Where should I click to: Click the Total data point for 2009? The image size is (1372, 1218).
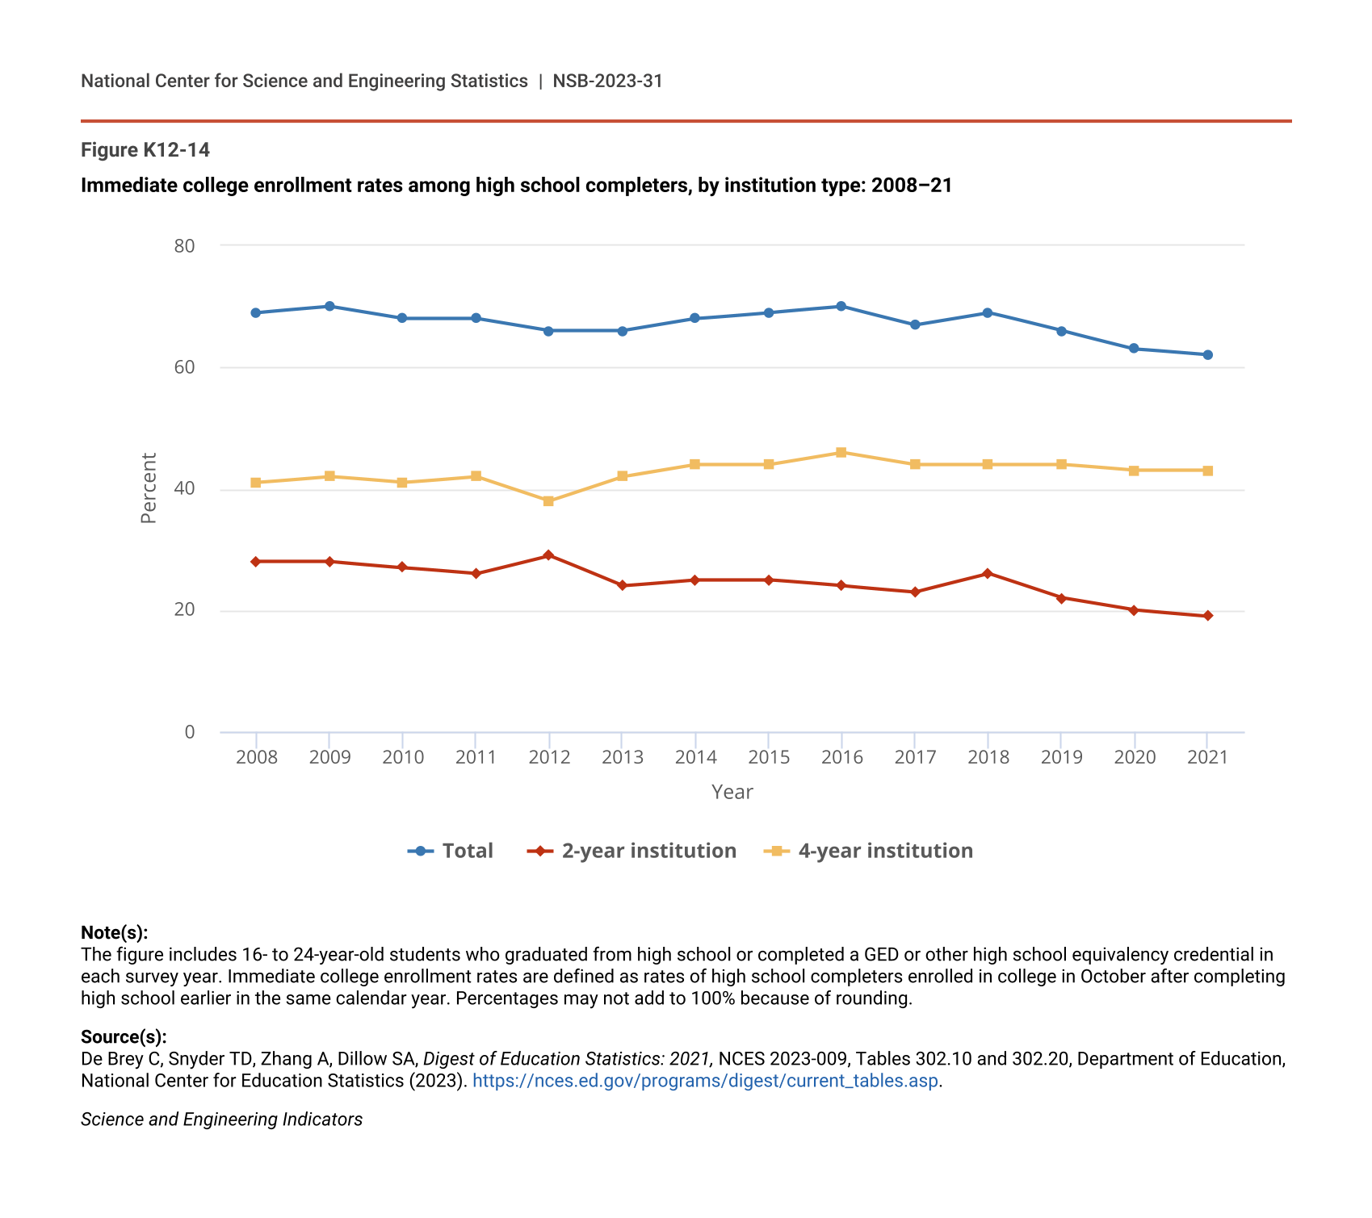coord(329,307)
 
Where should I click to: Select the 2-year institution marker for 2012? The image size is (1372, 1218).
coord(548,555)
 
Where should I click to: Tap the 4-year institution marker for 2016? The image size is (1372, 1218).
coord(841,453)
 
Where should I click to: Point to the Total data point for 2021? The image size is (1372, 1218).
coord(1207,355)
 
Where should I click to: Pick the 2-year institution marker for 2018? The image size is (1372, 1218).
coord(987,574)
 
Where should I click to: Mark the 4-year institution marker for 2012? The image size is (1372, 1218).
coord(548,501)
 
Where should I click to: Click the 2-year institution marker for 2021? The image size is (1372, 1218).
coord(1207,616)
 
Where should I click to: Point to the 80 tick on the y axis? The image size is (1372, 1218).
coord(185,246)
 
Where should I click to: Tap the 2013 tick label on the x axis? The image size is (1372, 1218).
coord(623,757)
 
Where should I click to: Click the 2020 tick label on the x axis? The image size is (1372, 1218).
coord(1135,757)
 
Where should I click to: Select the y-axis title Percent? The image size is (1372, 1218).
coord(149,488)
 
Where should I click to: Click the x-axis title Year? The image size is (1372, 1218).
coord(732,793)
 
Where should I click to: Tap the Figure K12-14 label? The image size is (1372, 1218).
coord(145,150)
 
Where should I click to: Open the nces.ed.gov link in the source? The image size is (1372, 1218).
coord(705,1081)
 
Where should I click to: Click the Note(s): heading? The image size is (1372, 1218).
coord(115,933)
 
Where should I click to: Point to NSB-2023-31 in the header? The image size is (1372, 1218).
coord(607,81)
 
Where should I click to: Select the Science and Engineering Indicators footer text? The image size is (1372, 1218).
coord(221,1120)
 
